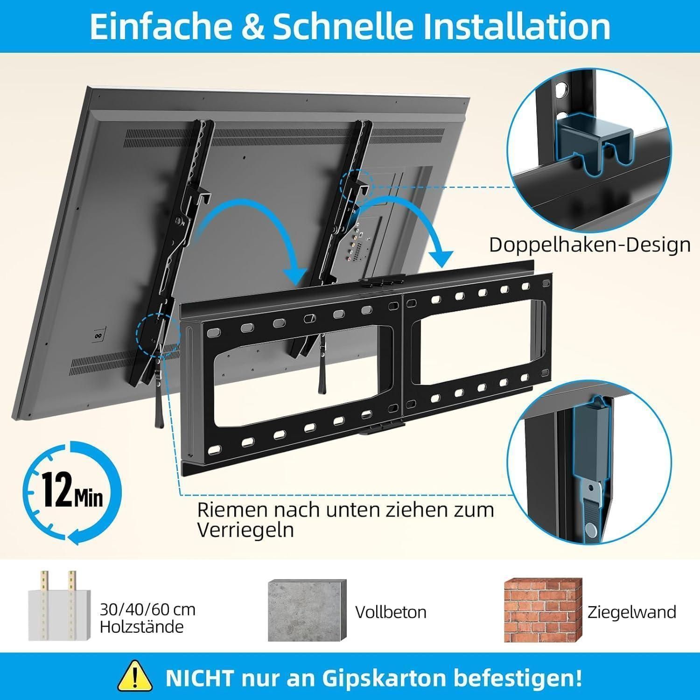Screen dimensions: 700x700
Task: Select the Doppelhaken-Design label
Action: click(590, 244)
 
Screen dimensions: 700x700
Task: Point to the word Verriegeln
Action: click(245, 530)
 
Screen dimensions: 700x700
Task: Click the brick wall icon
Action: click(542, 610)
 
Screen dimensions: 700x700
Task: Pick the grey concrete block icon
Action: click(307, 610)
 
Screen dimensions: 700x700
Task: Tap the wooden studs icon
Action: click(58, 605)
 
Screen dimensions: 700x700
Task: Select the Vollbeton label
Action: click(391, 612)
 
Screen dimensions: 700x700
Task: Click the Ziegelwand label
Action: click(632, 612)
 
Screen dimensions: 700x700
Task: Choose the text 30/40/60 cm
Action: click(147, 609)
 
